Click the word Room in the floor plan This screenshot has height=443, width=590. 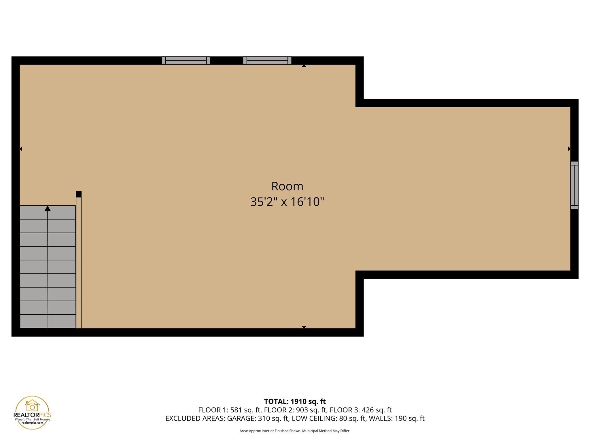[x=287, y=186]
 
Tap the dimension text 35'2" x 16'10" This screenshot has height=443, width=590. [x=287, y=202]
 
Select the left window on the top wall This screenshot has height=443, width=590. [x=186, y=61]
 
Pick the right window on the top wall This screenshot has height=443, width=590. [x=267, y=61]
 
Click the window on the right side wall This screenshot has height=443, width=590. [x=574, y=185]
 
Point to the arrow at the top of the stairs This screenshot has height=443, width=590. [x=48, y=209]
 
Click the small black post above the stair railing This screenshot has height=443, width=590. [x=79, y=194]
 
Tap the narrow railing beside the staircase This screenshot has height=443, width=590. [x=79, y=262]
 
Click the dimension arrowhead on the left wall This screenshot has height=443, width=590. [x=21, y=149]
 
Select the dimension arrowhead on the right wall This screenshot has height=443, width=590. [x=569, y=149]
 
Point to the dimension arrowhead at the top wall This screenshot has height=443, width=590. [x=304, y=66]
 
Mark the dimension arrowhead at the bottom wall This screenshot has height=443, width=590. [x=304, y=327]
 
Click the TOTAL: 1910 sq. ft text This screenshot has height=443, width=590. [x=295, y=401]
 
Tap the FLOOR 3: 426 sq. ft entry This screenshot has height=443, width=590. [x=361, y=410]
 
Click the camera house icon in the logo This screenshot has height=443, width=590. [x=32, y=406]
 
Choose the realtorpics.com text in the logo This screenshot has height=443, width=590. [x=32, y=423]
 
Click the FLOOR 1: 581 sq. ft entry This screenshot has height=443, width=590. [x=229, y=410]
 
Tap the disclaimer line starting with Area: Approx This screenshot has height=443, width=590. [x=295, y=431]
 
